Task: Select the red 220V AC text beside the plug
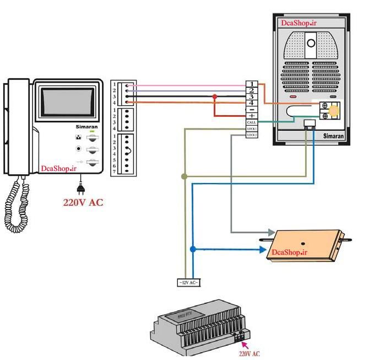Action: pyautogui.click(x=83, y=202)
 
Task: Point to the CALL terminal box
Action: pyautogui.click(x=252, y=122)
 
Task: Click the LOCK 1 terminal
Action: pyautogui.click(x=252, y=128)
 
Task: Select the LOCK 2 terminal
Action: pyautogui.click(x=252, y=135)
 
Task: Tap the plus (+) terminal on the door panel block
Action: pyautogui.click(x=252, y=116)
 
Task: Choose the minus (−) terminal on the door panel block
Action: pyautogui.click(x=252, y=109)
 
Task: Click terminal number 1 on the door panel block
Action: pyautogui.click(x=252, y=84)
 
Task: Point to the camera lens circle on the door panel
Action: pyautogui.click(x=311, y=43)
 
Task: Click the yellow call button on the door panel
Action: pyautogui.click(x=334, y=110)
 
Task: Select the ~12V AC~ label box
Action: pyautogui.click(x=187, y=283)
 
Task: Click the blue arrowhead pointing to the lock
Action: pyautogui.click(x=262, y=250)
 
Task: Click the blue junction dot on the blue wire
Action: pyautogui.click(x=192, y=250)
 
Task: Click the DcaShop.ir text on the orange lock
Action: pyautogui.click(x=289, y=252)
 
